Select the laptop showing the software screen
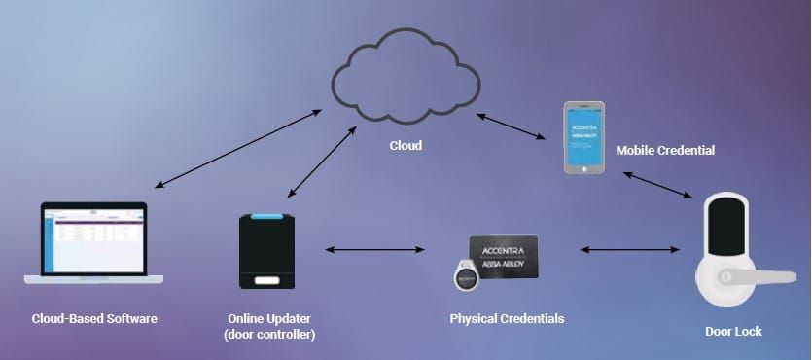93,244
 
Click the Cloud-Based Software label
93,318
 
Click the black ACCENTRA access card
503,259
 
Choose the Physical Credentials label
507,318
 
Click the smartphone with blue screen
583,137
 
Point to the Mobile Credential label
665,151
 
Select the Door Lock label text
733,332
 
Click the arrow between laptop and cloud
238,148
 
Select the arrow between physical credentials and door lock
627,250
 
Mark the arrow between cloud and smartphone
511,128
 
